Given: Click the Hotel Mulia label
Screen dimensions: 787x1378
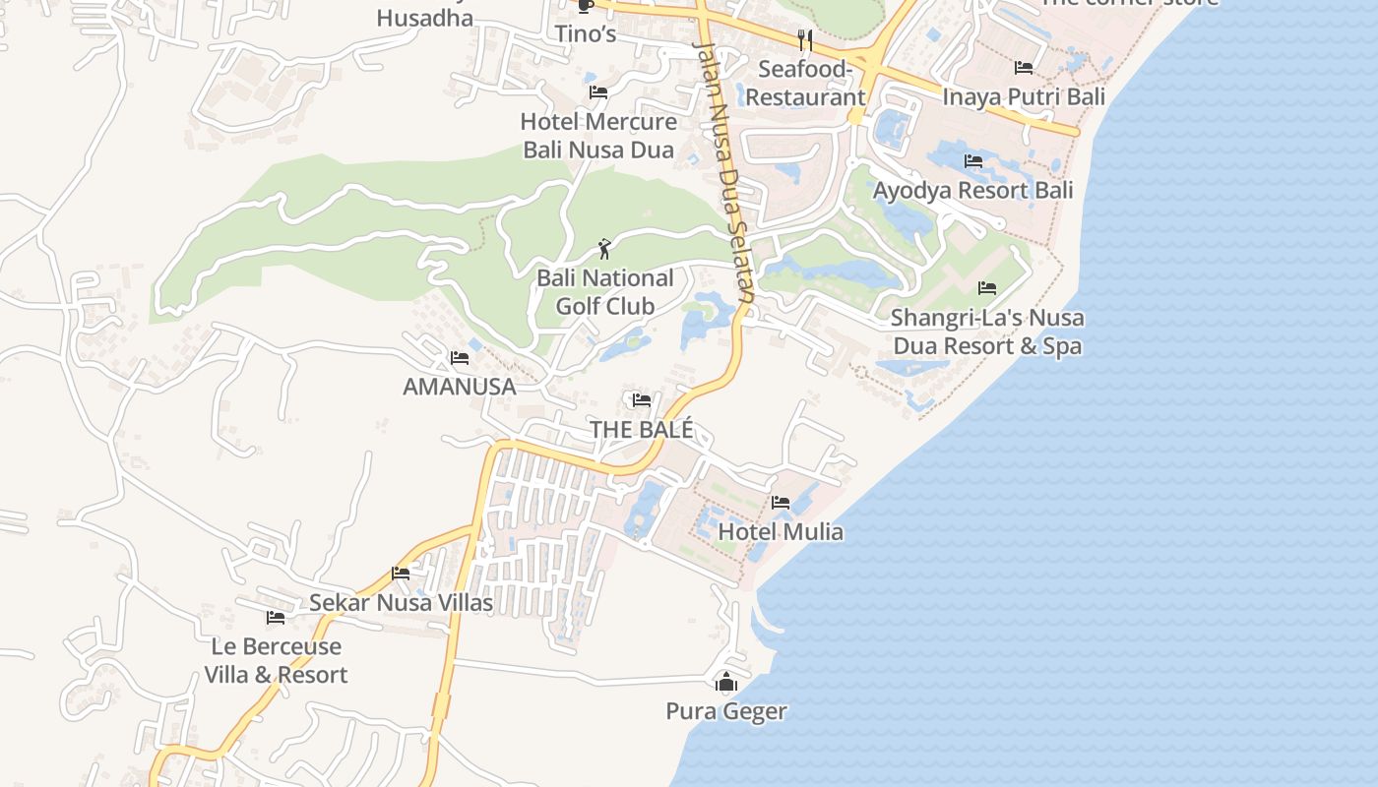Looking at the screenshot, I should (x=781, y=532).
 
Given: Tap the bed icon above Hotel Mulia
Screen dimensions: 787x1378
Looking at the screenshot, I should (x=781, y=503).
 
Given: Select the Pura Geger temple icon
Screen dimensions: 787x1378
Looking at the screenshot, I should (x=726, y=682).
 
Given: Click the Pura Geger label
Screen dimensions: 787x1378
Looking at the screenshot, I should (x=726, y=711).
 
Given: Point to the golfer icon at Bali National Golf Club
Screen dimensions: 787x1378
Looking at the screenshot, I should (x=604, y=249).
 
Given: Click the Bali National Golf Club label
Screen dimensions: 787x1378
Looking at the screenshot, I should (x=604, y=292).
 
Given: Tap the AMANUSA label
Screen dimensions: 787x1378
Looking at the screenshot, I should (x=460, y=387).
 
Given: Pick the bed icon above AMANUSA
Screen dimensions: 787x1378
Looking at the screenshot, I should (x=460, y=358).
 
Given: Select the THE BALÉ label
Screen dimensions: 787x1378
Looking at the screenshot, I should (x=642, y=430).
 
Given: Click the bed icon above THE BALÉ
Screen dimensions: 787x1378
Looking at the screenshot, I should (x=642, y=400).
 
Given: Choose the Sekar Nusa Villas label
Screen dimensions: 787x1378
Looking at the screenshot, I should (x=401, y=602).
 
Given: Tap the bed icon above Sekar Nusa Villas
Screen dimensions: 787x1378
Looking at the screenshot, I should (x=401, y=574).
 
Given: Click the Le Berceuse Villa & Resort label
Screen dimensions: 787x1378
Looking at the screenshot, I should (x=276, y=660).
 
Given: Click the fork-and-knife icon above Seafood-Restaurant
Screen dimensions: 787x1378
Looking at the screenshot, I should (x=805, y=40).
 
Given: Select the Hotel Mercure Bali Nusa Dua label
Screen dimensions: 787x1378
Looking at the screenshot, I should (x=598, y=136).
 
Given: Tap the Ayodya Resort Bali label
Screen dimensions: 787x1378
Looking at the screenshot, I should (x=973, y=190).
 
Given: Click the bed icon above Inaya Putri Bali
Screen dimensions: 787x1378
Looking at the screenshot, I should (x=1024, y=68).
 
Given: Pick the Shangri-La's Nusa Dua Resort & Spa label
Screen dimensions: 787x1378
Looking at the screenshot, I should (x=987, y=332).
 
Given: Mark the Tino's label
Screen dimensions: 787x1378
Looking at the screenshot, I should (x=585, y=34).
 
